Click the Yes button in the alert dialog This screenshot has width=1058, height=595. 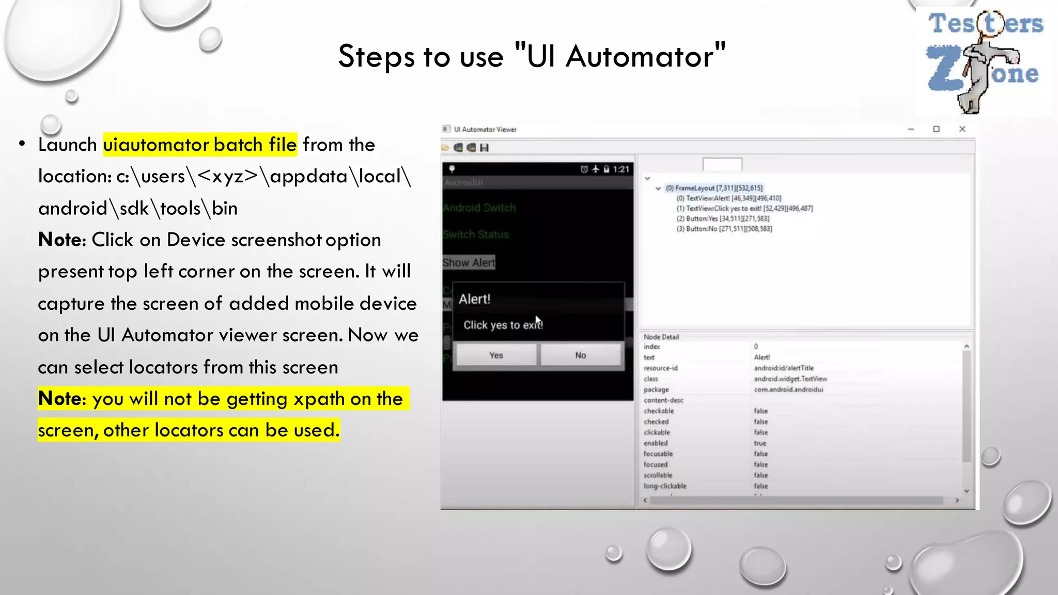496,355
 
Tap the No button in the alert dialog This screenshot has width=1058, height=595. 580,355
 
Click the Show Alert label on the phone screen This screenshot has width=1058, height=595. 469,262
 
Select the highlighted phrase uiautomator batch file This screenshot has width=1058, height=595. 200,145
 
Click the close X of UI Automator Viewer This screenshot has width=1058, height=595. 962,129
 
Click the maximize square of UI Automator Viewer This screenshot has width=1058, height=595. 936,129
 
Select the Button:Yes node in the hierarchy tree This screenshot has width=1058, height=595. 722,218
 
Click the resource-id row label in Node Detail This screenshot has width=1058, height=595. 660,368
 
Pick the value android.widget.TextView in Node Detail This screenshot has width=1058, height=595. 790,379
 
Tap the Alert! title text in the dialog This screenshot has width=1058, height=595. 474,299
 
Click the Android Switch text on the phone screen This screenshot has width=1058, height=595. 479,208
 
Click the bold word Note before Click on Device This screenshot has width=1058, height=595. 59,240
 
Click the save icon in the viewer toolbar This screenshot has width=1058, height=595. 484,148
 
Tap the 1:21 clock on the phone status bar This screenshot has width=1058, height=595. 621,169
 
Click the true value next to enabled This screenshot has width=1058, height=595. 760,443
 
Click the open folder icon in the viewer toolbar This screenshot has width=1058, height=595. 445,148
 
